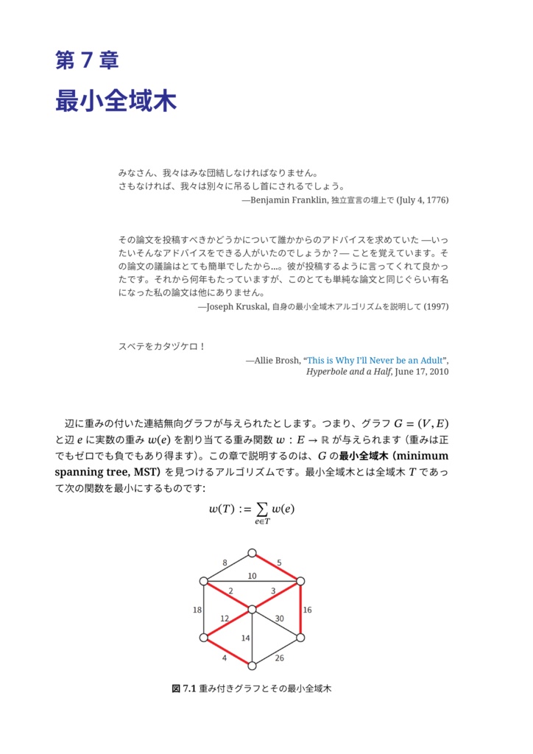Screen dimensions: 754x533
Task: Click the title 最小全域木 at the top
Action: point(116,102)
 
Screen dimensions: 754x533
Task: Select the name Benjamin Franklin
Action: point(289,200)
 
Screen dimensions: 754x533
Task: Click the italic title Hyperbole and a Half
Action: point(350,372)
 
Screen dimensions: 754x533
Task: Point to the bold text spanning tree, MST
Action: point(107,471)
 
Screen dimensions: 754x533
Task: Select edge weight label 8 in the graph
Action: point(225,563)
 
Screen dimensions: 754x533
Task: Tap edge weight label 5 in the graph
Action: point(279,563)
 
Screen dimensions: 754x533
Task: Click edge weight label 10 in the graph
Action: point(252,576)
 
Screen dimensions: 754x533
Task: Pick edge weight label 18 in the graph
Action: point(197,610)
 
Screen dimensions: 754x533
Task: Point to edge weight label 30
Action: point(279,619)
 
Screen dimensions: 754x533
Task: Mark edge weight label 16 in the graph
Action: point(307,610)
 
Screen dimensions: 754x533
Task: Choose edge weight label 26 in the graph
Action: point(279,658)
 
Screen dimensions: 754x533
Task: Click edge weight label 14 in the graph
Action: point(245,638)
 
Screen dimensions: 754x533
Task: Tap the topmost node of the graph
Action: point(252,552)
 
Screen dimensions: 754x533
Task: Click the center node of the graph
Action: point(252,609)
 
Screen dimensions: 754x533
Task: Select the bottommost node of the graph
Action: point(252,666)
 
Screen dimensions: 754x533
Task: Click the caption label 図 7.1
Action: point(182,689)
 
